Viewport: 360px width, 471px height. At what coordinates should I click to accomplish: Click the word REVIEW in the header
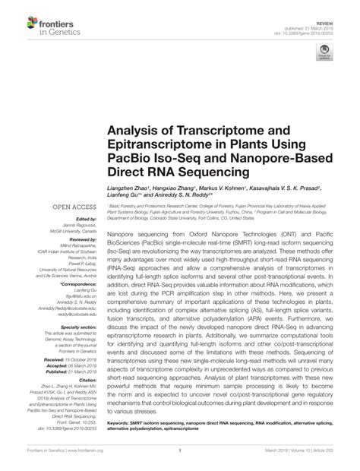click(x=332, y=13)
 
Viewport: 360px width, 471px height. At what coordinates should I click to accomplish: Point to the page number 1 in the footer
click(x=179, y=458)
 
